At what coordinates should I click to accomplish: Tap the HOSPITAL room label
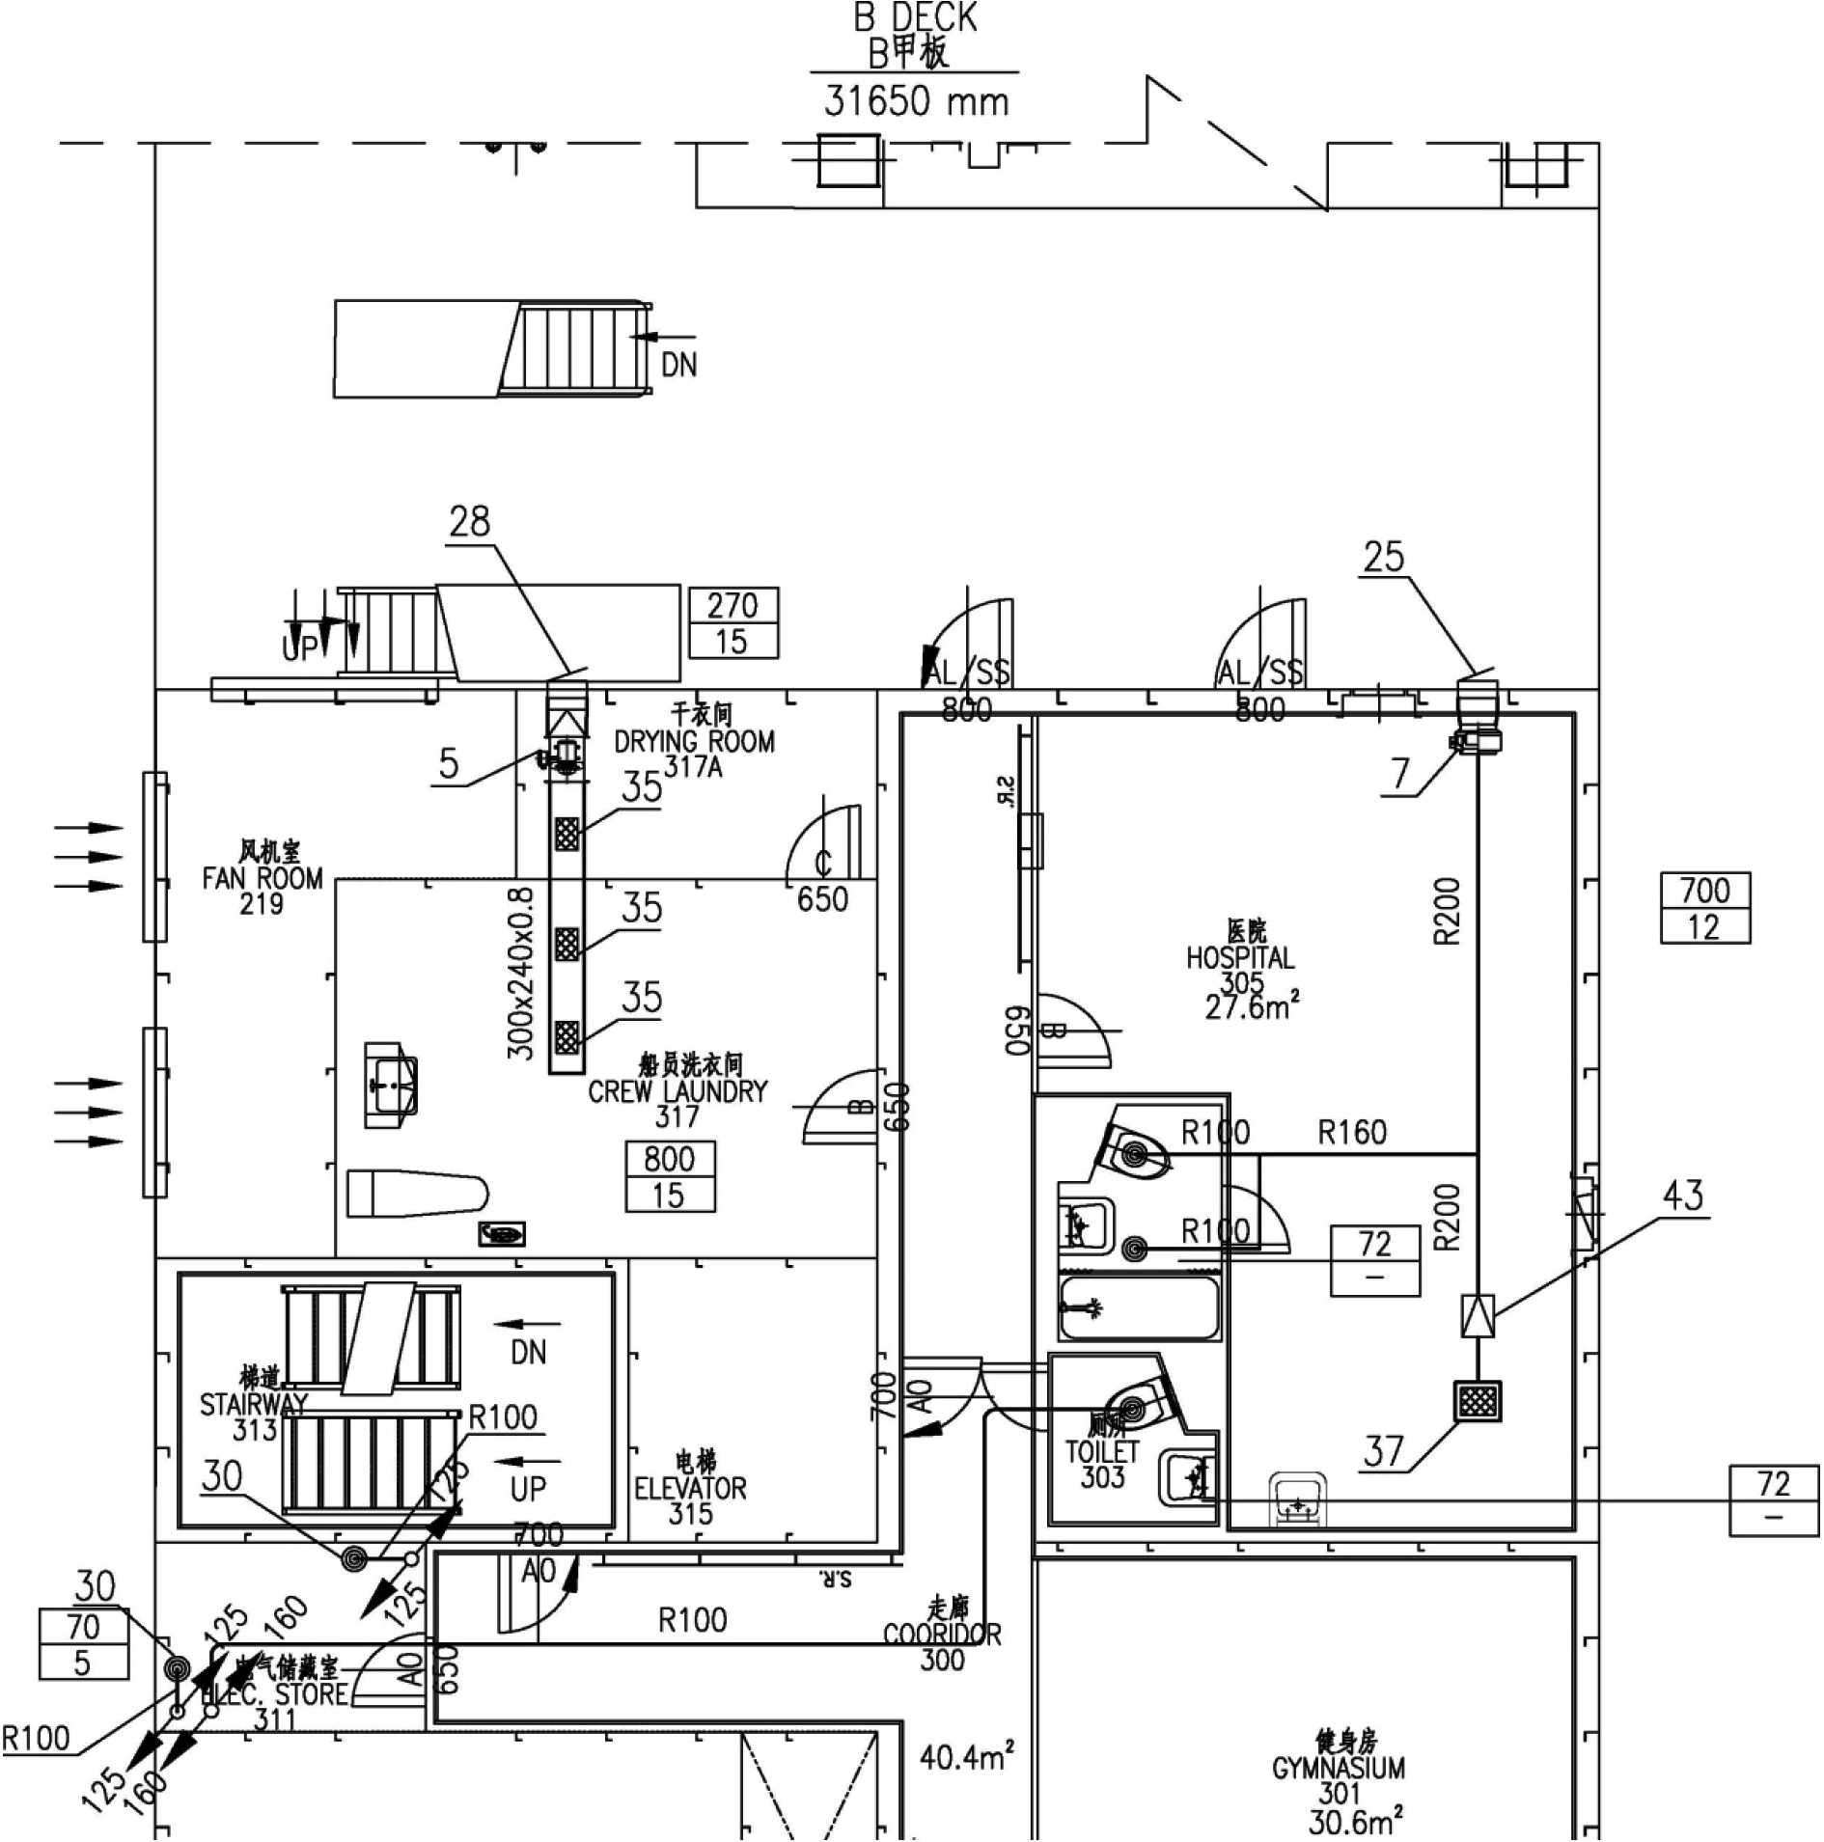pos(1240,958)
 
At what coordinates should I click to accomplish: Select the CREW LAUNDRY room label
pos(677,1091)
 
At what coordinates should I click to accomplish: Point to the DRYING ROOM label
pos(694,741)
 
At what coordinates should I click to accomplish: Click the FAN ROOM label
pos(263,878)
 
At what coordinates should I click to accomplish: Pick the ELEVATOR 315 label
pos(690,1488)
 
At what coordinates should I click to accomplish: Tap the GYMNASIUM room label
pos(1339,1768)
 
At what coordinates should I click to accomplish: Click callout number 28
pos(470,522)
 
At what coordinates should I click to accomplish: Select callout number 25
pos(1383,557)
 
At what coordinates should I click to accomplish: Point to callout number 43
pos(1683,1196)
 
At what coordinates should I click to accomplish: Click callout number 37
pos(1384,1450)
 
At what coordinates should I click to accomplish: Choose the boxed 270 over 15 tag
pos(732,622)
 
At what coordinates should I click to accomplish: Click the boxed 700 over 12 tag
pos(1705,908)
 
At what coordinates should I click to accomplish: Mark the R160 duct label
pos(1352,1132)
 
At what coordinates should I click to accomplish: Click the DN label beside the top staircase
pos(678,365)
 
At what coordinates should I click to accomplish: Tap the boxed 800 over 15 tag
pos(671,1176)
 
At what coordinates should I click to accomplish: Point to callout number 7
pos(1400,773)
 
